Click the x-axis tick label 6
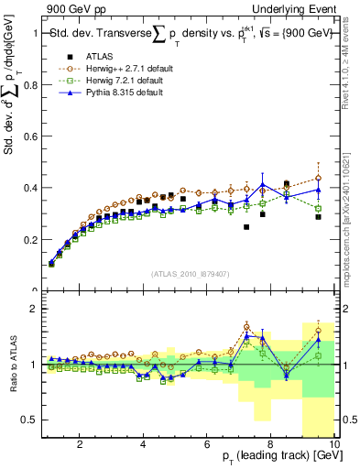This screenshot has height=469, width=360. (207, 444)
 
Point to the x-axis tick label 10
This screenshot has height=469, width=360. (333, 444)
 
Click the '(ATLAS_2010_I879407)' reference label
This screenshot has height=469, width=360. (189, 274)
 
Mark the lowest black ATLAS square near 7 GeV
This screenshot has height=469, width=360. (246, 227)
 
